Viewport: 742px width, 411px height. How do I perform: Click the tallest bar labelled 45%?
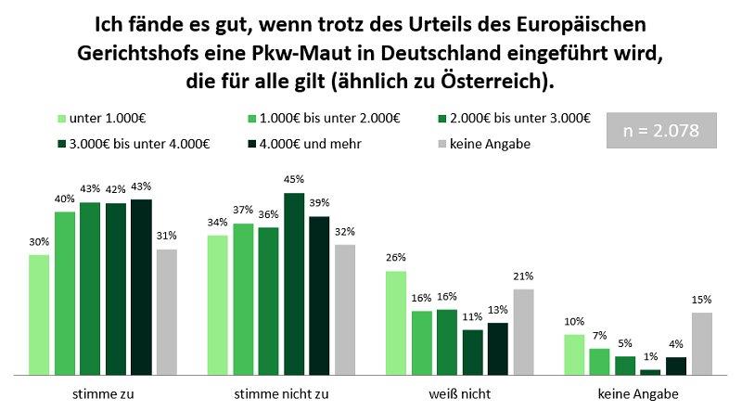coord(293,284)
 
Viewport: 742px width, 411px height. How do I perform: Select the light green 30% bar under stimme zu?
coord(39,315)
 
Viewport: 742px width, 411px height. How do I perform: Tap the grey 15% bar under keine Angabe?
coord(701,343)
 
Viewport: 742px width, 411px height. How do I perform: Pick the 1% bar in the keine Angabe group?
coord(651,371)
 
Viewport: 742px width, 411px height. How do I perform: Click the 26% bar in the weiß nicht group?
coord(396,323)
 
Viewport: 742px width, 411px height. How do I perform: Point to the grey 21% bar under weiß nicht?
coord(523,331)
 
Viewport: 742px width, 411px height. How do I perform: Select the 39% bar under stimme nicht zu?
coord(318,295)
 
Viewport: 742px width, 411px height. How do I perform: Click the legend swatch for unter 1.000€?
coord(62,118)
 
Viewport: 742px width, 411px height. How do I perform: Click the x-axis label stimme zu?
coord(102,393)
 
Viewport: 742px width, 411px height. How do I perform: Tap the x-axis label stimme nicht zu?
coord(280,393)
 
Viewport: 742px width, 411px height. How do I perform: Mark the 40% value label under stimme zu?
coord(65,199)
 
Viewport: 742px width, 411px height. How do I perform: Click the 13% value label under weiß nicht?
coord(497,310)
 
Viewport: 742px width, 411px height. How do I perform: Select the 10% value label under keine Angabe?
coord(573,321)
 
